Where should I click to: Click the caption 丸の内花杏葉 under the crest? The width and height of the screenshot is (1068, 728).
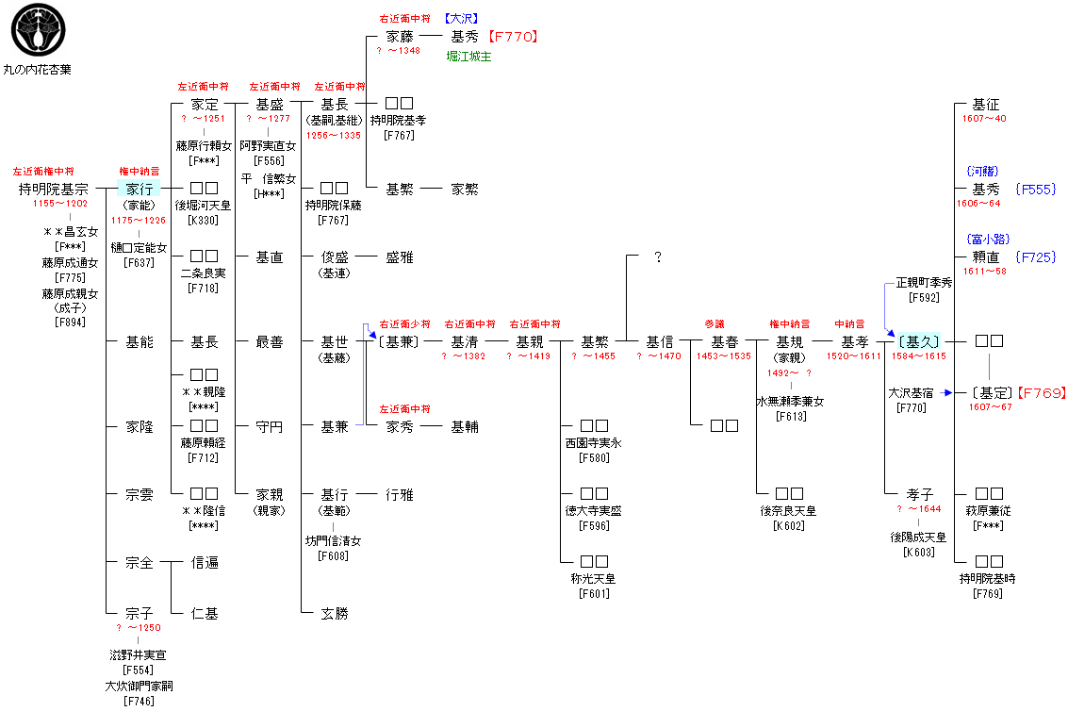[37, 70]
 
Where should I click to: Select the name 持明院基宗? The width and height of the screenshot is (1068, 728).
[53, 190]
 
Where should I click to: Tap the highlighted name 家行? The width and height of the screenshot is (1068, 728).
[140, 190]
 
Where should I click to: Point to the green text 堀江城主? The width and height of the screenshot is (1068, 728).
[468, 57]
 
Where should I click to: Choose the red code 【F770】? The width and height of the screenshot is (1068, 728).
[513, 37]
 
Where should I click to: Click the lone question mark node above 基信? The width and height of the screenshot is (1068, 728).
[658, 257]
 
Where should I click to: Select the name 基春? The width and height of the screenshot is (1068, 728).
[724, 342]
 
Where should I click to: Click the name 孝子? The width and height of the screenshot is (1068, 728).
[919, 494]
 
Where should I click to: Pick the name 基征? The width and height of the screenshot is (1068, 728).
[986, 105]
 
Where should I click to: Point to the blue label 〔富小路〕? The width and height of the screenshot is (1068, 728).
[986, 240]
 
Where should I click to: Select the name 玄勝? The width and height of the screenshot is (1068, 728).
[334, 614]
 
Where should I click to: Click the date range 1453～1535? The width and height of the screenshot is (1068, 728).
[724, 356]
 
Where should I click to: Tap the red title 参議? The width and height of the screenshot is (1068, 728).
[714, 324]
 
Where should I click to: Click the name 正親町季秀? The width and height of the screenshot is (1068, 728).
[924, 282]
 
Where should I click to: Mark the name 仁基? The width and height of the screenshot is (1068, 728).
[205, 614]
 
